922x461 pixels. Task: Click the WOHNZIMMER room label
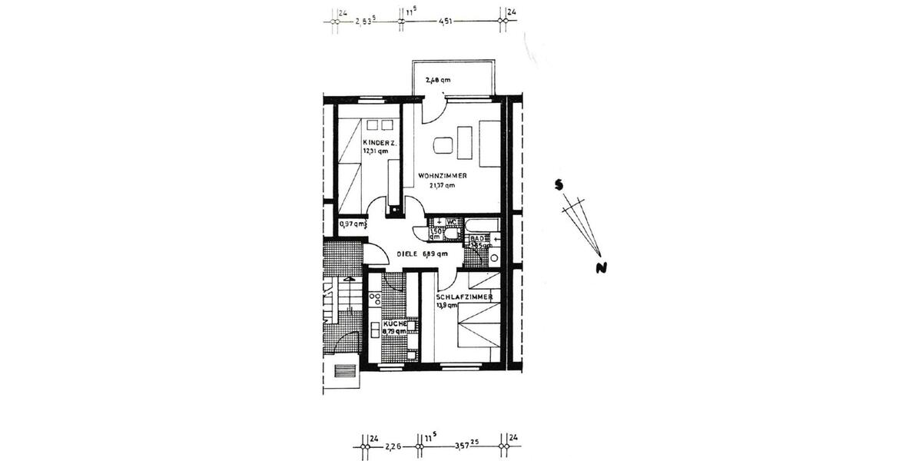click(x=443, y=176)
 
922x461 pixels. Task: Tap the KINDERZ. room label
click(x=376, y=143)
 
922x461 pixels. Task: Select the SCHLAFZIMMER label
click(x=464, y=297)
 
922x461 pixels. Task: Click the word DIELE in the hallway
click(x=409, y=254)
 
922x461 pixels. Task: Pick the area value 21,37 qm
click(x=442, y=185)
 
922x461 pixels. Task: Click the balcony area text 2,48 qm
click(x=438, y=79)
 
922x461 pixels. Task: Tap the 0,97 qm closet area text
click(x=352, y=224)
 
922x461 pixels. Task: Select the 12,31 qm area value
click(x=376, y=151)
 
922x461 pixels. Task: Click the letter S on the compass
click(x=562, y=184)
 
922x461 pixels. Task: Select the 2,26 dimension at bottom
click(x=394, y=445)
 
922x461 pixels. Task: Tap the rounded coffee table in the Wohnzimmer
click(x=443, y=144)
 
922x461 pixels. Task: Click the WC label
click(x=453, y=223)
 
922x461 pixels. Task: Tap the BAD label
click(x=477, y=239)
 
